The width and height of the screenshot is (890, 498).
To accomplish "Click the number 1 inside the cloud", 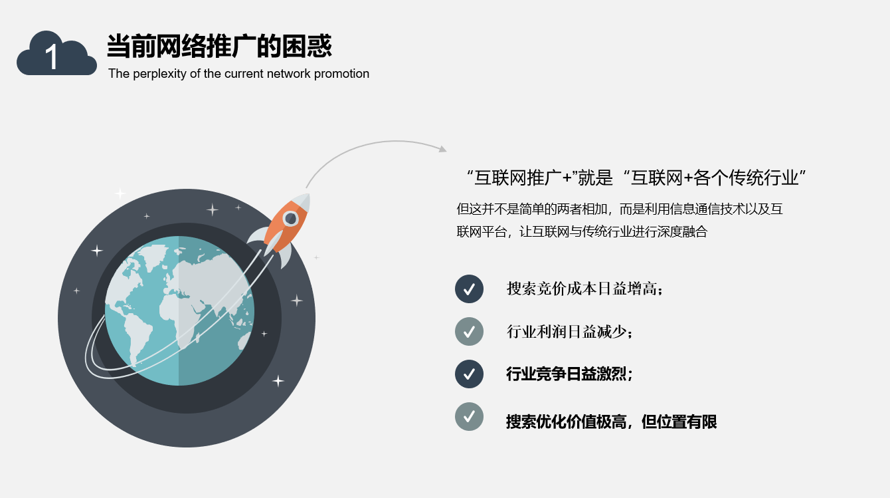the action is pos(52,57).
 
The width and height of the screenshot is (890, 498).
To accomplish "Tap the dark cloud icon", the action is pos(56,53).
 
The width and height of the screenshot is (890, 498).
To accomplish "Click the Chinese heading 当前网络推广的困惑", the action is pos(219,46).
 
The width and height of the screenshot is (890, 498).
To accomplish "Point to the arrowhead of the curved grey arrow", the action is pos(442,149).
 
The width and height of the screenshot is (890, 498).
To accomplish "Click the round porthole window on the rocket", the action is pos(290,218).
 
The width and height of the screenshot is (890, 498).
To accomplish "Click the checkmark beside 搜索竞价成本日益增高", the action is pos(469,289).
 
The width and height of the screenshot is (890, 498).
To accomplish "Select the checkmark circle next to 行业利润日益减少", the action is pos(469,331).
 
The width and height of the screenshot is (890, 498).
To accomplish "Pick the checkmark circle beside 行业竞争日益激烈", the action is pos(469,374).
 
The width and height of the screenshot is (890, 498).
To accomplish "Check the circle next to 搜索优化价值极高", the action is pos(469,416).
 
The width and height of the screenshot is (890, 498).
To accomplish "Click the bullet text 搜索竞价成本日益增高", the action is pos(585,289).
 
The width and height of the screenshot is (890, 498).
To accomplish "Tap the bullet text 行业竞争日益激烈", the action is pos(569,374).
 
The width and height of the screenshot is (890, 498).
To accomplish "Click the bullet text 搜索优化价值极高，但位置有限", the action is pos(612,422).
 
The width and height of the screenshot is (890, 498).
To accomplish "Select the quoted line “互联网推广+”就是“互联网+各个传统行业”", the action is pos(636,178).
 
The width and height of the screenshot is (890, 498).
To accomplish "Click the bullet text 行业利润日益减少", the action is pos(570,332).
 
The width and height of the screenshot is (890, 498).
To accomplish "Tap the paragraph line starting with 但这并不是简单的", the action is pos(620,209).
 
